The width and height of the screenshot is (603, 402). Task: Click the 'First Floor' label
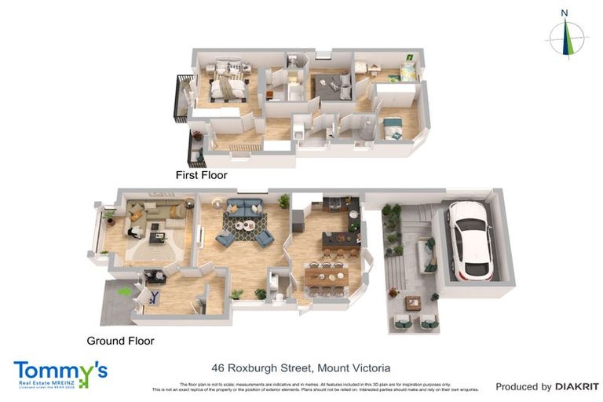coord(202,175)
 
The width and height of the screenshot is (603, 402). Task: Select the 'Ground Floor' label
coord(119,341)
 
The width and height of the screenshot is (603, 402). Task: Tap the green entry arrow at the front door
coord(123,291)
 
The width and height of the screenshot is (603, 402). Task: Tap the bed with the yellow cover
coord(407,73)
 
